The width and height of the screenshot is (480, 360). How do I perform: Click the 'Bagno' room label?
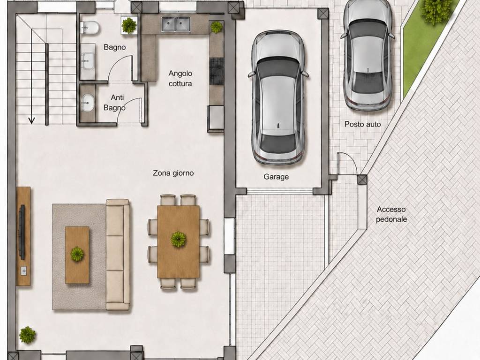[114, 47]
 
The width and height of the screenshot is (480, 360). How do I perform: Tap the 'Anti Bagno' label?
[114, 103]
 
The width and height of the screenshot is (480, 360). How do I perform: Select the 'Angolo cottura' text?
[180, 78]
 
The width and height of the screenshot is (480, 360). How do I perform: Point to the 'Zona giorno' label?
[173, 173]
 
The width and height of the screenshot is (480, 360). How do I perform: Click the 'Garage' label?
[276, 177]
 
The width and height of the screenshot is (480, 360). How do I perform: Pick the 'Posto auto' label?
[363, 124]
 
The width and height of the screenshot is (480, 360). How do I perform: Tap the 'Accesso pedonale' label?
[391, 214]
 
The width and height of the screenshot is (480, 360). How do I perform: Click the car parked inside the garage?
[278, 97]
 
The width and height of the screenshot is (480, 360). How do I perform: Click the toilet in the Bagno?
[90, 28]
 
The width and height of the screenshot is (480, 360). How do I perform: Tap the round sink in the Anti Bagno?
[88, 103]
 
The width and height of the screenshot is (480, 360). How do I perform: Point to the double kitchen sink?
[176, 24]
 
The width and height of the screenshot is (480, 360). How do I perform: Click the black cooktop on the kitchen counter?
[217, 72]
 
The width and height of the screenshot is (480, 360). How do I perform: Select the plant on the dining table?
[179, 239]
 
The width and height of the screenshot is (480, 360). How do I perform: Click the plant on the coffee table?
[77, 254]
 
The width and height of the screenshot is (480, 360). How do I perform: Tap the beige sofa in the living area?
[118, 255]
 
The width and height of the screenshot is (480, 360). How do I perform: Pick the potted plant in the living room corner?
[28, 335]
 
